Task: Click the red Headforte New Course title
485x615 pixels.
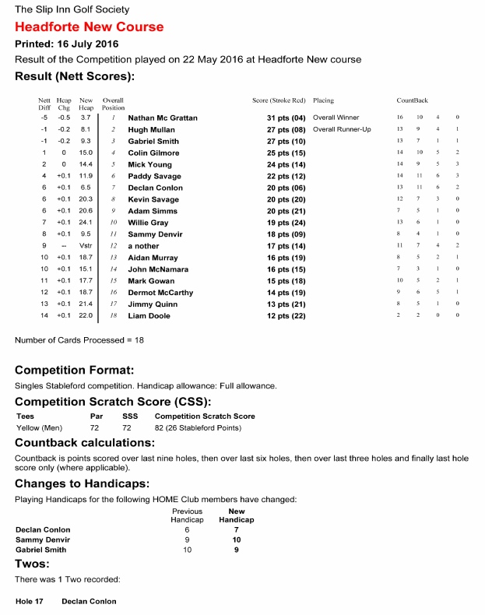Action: (90, 27)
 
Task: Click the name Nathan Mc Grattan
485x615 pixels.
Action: (163, 118)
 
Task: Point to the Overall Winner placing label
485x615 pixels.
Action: (335, 118)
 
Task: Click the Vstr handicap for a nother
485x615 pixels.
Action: (86, 246)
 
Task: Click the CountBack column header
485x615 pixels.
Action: (413, 101)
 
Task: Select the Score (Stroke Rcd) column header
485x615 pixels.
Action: (278, 101)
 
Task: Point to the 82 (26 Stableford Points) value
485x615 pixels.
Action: (205, 428)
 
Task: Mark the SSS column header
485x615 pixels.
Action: (130, 416)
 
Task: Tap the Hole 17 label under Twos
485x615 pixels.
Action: (30, 602)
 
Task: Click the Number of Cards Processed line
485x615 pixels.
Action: (79, 340)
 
